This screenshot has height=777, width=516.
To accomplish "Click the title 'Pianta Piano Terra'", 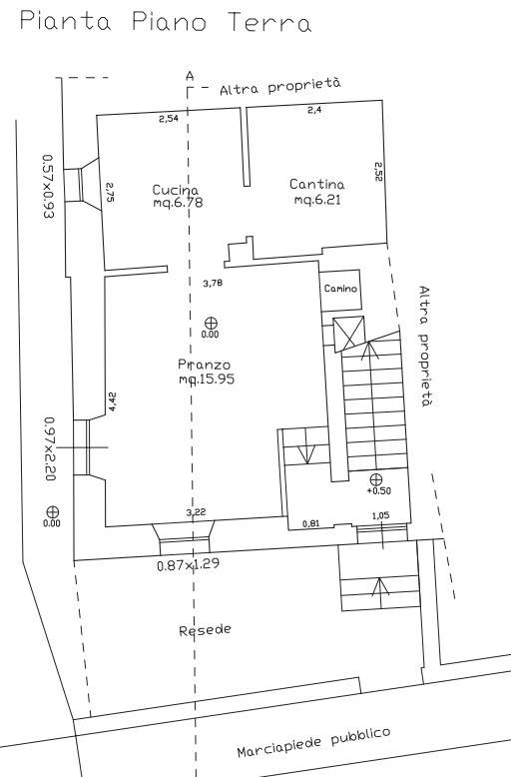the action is coord(166,23).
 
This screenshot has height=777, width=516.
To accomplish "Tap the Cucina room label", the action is coord(178,196).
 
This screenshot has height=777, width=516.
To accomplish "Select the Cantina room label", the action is coord(317,192).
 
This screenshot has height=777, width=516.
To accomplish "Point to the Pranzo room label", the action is coord(206,372).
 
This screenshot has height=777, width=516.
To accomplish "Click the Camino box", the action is coord(340,290).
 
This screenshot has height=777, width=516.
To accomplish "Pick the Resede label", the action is coord(205,630).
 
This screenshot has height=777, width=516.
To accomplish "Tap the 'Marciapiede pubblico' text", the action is coord(313,743).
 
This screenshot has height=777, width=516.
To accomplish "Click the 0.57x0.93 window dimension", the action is coord(48,187).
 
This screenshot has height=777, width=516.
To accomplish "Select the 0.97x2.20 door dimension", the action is coord(51,448).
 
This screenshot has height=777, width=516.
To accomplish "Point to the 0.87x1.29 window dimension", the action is coord(188,564).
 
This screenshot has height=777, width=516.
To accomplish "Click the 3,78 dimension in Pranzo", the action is coord(213,283).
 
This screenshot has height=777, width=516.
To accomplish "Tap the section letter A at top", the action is coord(190,76).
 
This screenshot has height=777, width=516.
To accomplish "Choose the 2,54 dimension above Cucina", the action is coord(169,119).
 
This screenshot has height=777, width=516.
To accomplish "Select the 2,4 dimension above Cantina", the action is coord(314,110).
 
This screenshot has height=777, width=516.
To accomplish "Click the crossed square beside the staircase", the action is coord(349,334).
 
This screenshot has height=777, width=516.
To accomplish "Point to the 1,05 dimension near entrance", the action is coord(380,516).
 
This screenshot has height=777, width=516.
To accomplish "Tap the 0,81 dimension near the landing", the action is coord(310,522).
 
